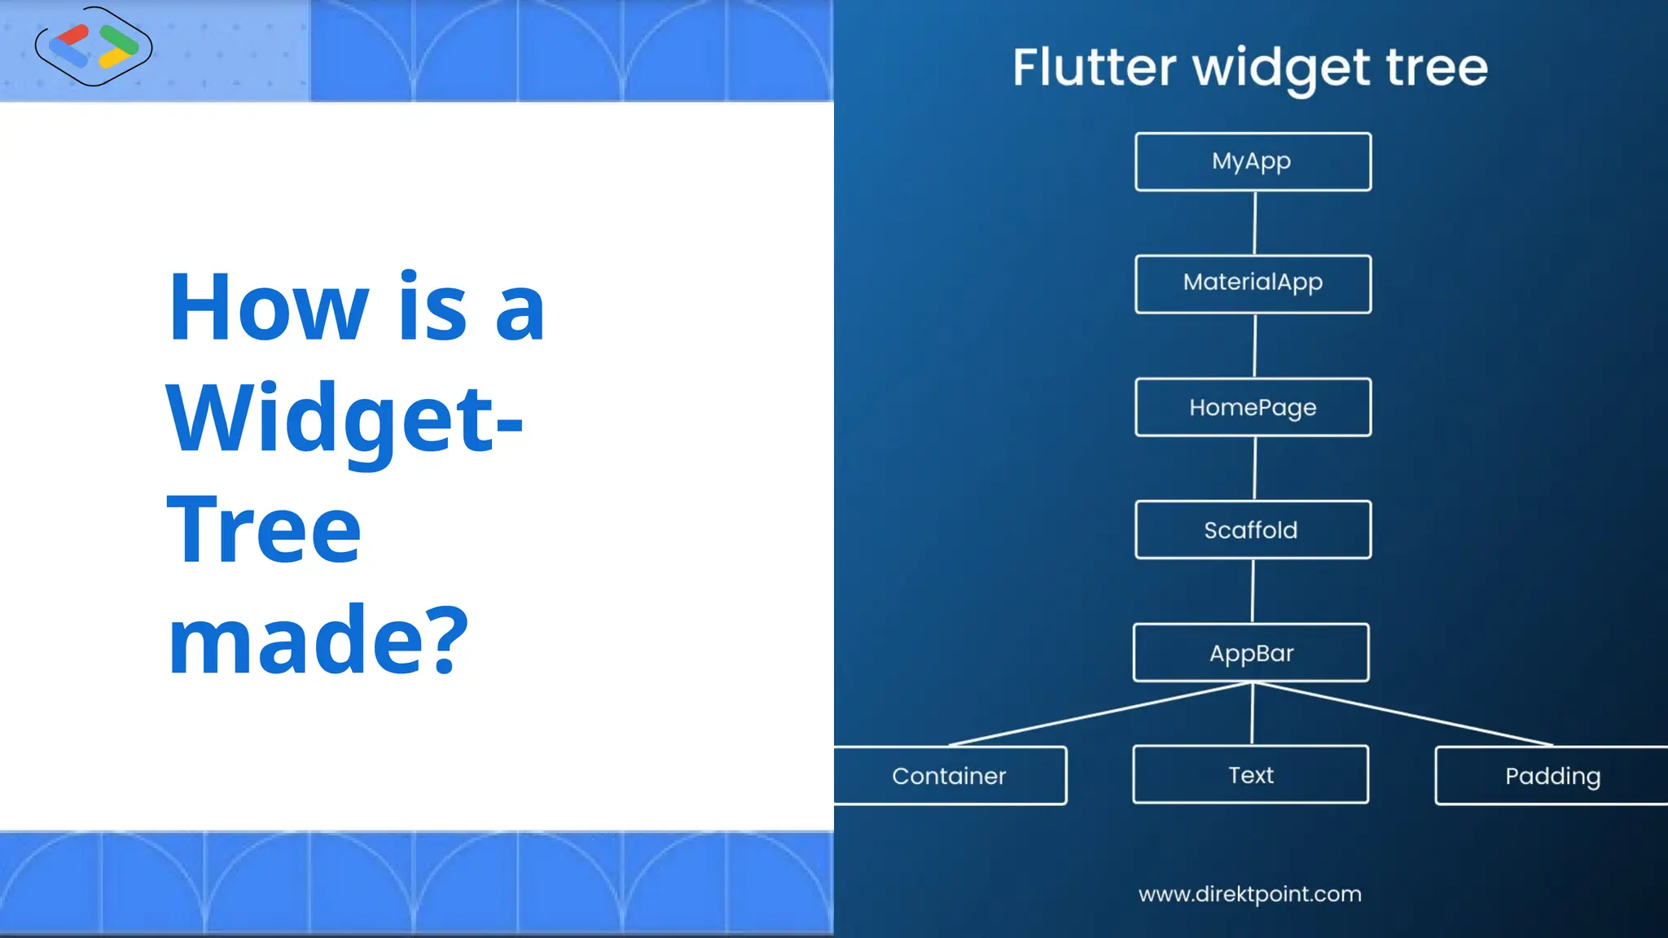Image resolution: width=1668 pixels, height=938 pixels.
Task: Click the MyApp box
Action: click(x=1253, y=161)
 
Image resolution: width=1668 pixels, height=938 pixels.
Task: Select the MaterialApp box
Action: click(x=1253, y=283)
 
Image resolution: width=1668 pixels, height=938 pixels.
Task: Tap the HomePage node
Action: click(x=1253, y=406)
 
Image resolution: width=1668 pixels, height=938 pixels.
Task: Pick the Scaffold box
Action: click(x=1253, y=529)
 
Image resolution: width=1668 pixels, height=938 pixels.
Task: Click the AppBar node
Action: click(x=1251, y=652)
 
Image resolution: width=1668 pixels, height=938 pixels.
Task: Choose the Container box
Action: click(x=950, y=775)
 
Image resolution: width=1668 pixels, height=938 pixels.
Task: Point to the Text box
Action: click(x=1250, y=774)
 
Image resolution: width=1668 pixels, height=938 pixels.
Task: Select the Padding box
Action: click(x=1552, y=775)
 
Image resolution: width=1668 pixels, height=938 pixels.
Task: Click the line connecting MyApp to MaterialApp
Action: click(x=1254, y=223)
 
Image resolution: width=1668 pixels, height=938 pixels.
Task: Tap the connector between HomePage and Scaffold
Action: click(x=1254, y=468)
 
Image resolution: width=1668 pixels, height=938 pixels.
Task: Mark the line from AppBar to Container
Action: click(x=1100, y=714)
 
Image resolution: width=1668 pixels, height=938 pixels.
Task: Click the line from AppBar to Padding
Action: click(x=1402, y=714)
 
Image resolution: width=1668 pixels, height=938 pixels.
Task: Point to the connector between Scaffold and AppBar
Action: click(x=1253, y=591)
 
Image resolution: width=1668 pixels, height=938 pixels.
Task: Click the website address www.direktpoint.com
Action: click(x=1249, y=894)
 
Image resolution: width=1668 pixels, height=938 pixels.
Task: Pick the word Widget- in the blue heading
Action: click(x=344, y=419)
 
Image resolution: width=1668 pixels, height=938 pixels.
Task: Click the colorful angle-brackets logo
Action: click(x=94, y=46)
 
